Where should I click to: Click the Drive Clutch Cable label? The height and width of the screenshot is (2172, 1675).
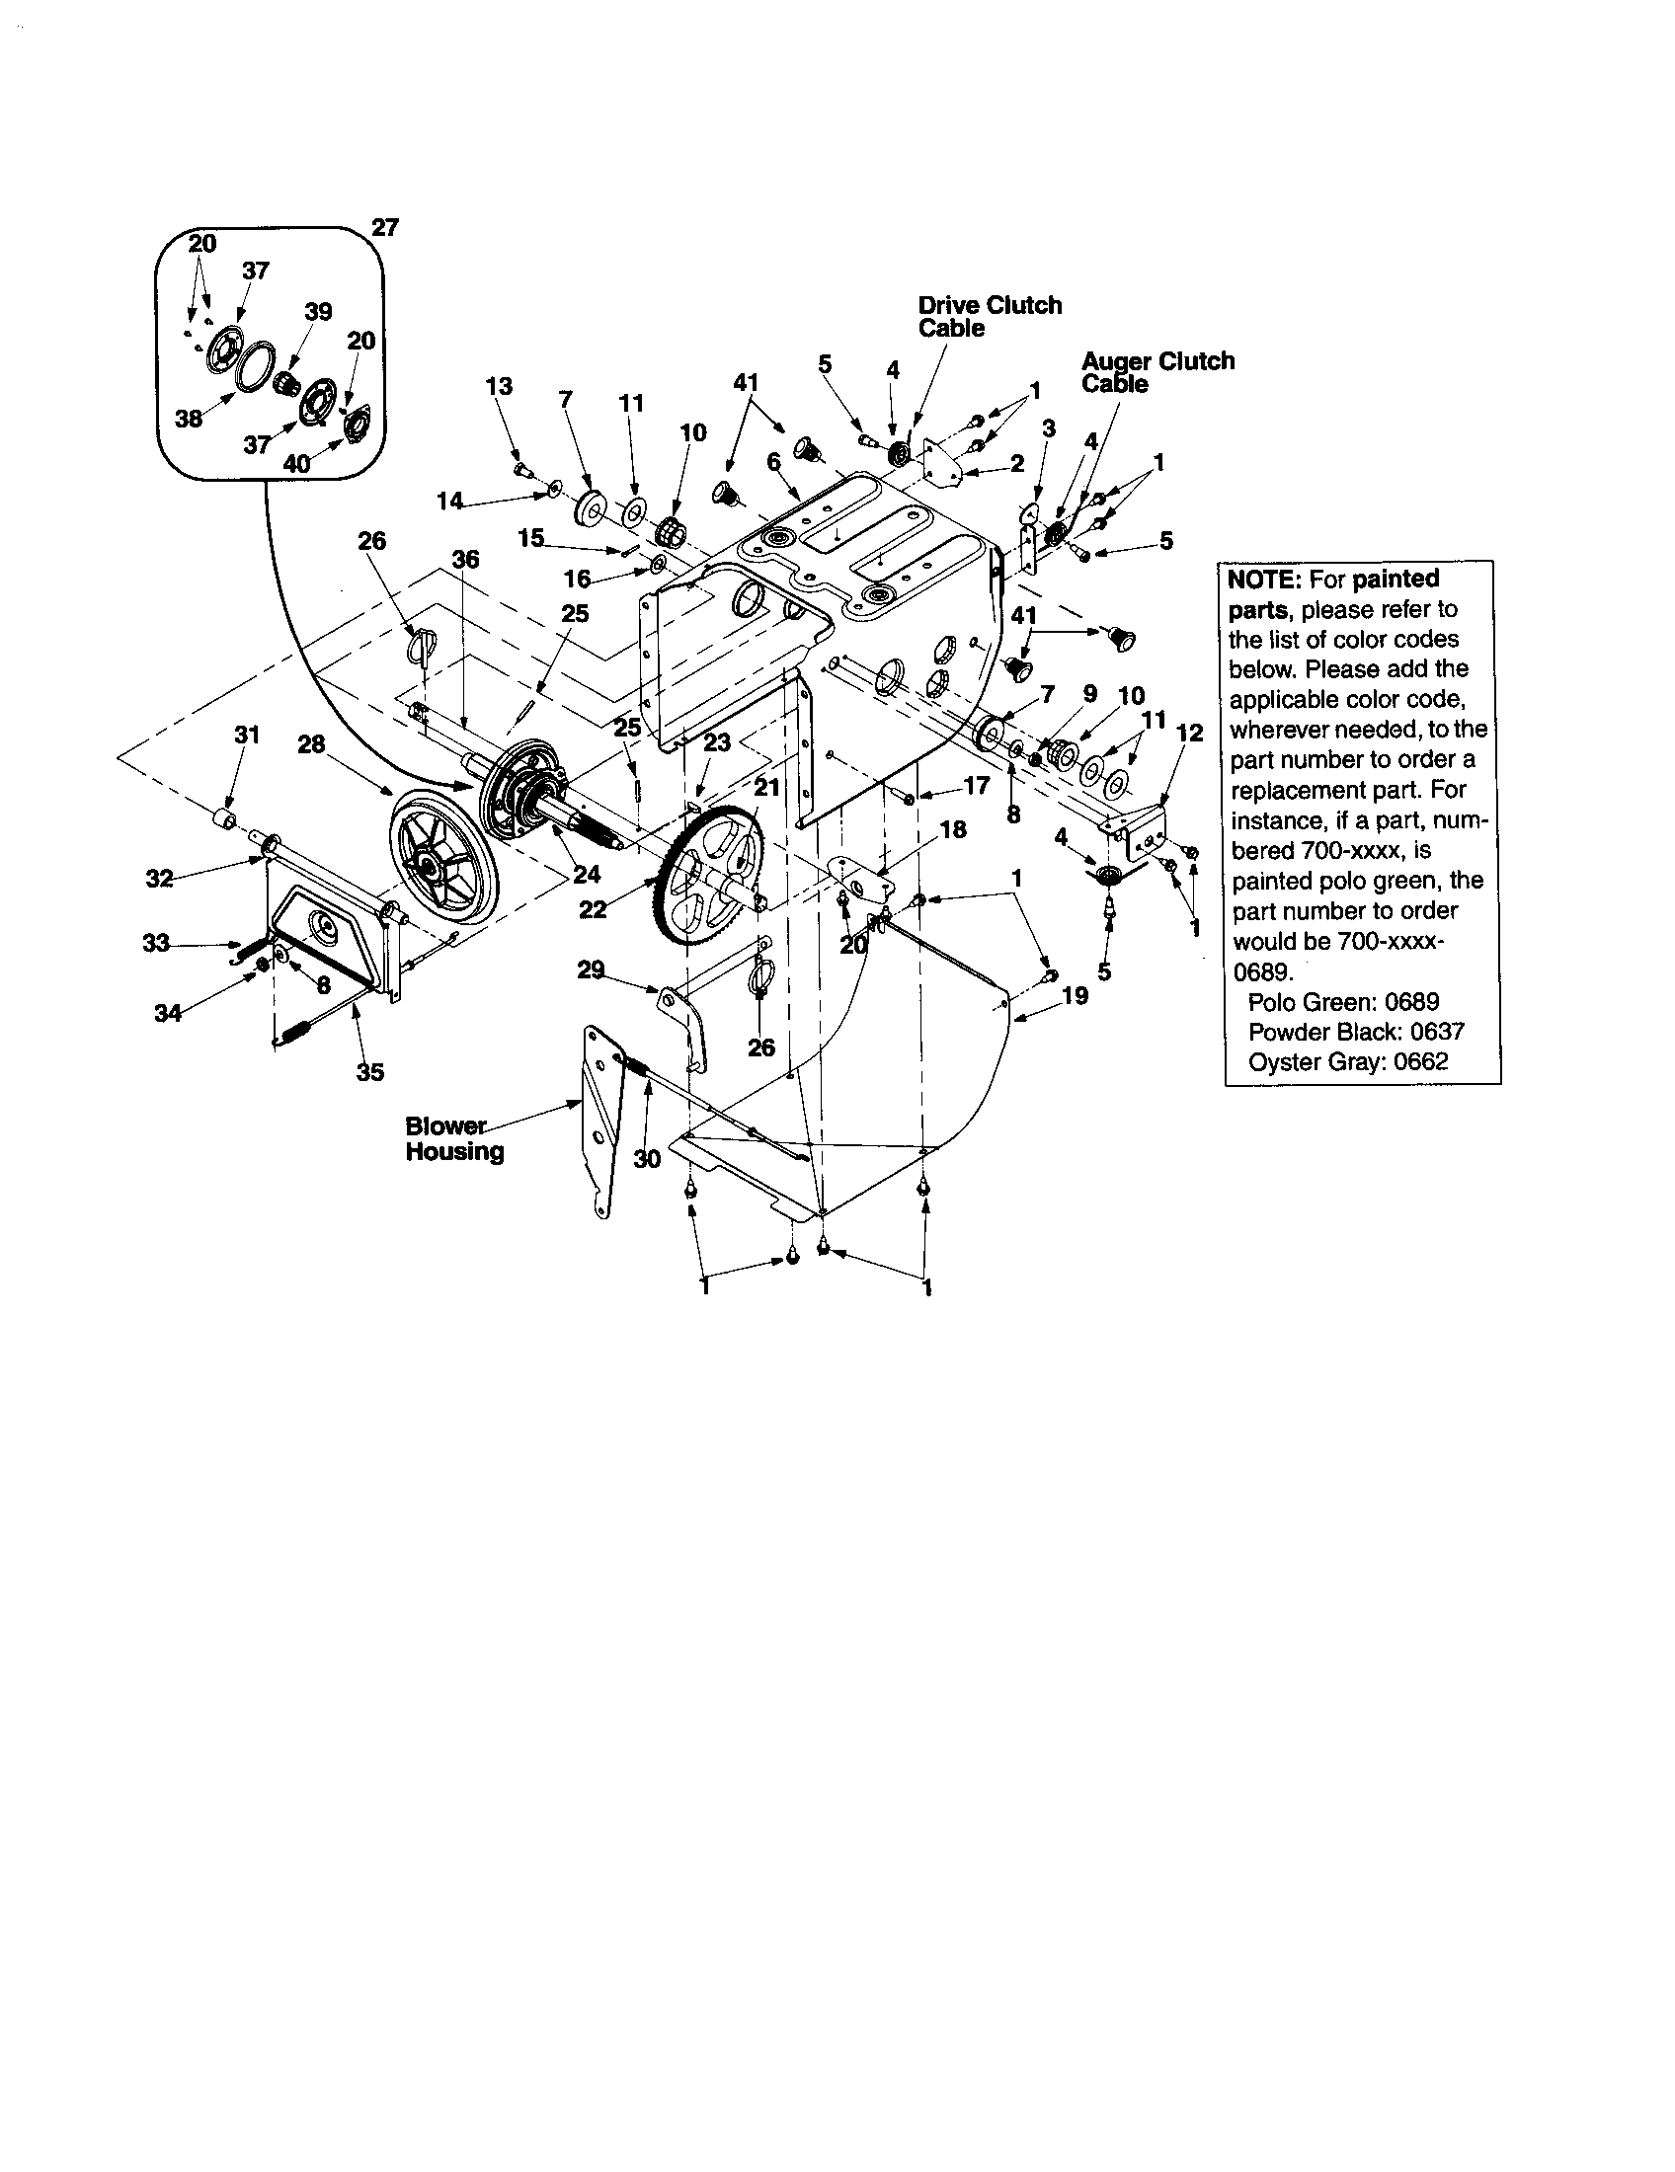pyautogui.click(x=989, y=316)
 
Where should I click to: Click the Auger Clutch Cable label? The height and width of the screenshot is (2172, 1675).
pyautogui.click(x=1157, y=372)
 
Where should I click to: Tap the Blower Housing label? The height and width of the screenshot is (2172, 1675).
pyautogui.click(x=453, y=1138)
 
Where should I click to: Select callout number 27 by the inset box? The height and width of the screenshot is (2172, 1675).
pyautogui.click(x=385, y=228)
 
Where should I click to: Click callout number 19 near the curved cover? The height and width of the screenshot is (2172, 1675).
pyautogui.click(x=1076, y=995)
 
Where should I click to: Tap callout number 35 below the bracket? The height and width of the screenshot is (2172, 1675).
pyautogui.click(x=369, y=1072)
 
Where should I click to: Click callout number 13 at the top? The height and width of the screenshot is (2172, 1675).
pyautogui.click(x=500, y=386)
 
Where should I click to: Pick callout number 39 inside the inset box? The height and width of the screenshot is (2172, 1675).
pyautogui.click(x=318, y=311)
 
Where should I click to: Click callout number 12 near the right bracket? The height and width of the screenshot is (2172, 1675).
pyautogui.click(x=1190, y=733)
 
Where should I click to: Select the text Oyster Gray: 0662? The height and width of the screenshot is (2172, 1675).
pyautogui.click(x=1348, y=1061)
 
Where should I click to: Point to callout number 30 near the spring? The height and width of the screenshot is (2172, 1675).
pyautogui.click(x=647, y=1159)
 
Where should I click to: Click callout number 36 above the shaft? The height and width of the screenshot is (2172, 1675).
pyautogui.click(x=465, y=560)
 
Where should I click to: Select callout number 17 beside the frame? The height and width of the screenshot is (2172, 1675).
pyautogui.click(x=977, y=786)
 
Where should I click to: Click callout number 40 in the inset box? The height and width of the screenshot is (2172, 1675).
pyautogui.click(x=297, y=462)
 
